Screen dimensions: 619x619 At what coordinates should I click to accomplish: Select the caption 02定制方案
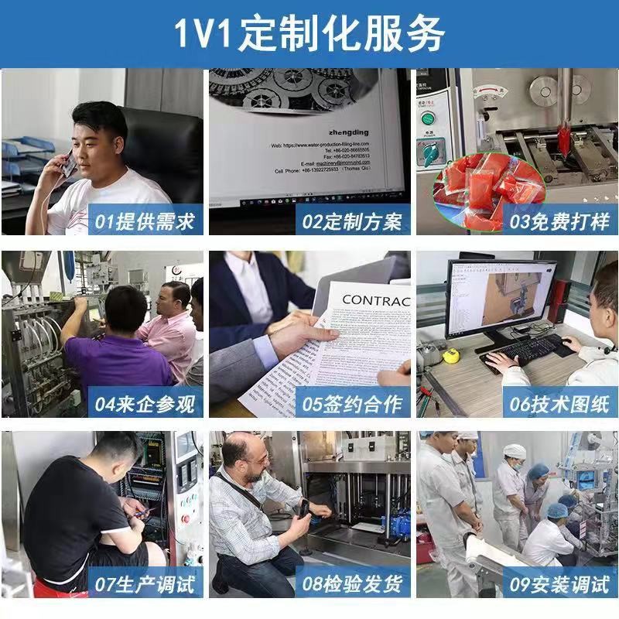coord(352,222)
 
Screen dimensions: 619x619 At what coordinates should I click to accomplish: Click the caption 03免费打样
coord(559,222)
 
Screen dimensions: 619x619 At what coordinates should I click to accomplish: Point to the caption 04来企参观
coord(145,403)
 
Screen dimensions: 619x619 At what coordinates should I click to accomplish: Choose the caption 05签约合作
coord(352,403)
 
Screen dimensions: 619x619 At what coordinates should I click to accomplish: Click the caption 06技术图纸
coord(559,403)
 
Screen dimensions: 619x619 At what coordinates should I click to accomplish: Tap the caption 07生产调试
coord(145,583)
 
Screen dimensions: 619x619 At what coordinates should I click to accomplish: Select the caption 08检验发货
coord(352,583)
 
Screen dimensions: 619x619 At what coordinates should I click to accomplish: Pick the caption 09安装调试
coord(559,583)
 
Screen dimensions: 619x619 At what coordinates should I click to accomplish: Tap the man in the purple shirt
coord(116,348)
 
